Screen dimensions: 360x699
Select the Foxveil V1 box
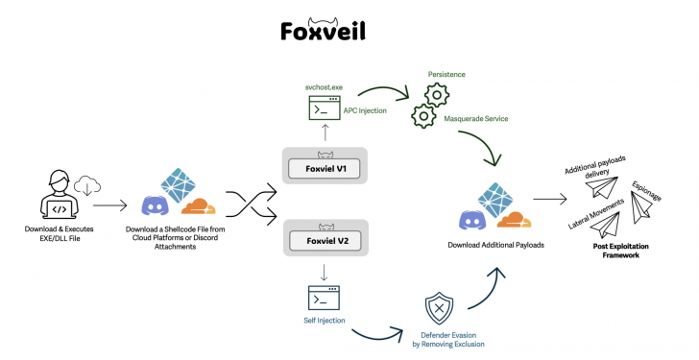328,167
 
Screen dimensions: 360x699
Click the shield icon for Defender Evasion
439,309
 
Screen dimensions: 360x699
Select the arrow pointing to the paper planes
547,203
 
